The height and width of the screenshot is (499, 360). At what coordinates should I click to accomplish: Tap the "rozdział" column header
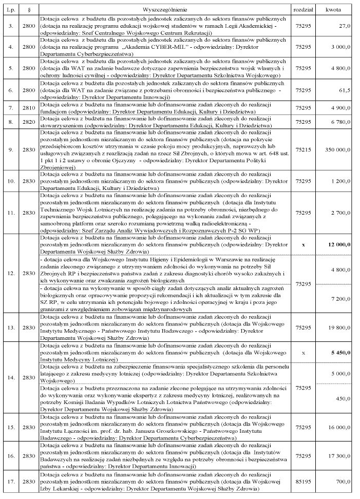[303, 9]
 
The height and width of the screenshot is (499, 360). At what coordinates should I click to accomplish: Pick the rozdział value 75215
[303, 149]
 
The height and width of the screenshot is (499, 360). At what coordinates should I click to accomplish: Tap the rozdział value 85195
[303, 482]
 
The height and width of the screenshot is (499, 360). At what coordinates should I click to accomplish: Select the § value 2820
[29, 122]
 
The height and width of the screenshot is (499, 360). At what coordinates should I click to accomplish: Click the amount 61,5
[345, 90]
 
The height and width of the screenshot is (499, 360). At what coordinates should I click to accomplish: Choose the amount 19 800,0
[339, 327]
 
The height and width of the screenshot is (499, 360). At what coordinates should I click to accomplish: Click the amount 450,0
[343, 398]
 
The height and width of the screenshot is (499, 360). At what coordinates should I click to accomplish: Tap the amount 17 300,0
[339, 455]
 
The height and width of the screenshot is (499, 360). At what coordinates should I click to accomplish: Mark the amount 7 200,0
[341, 298]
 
